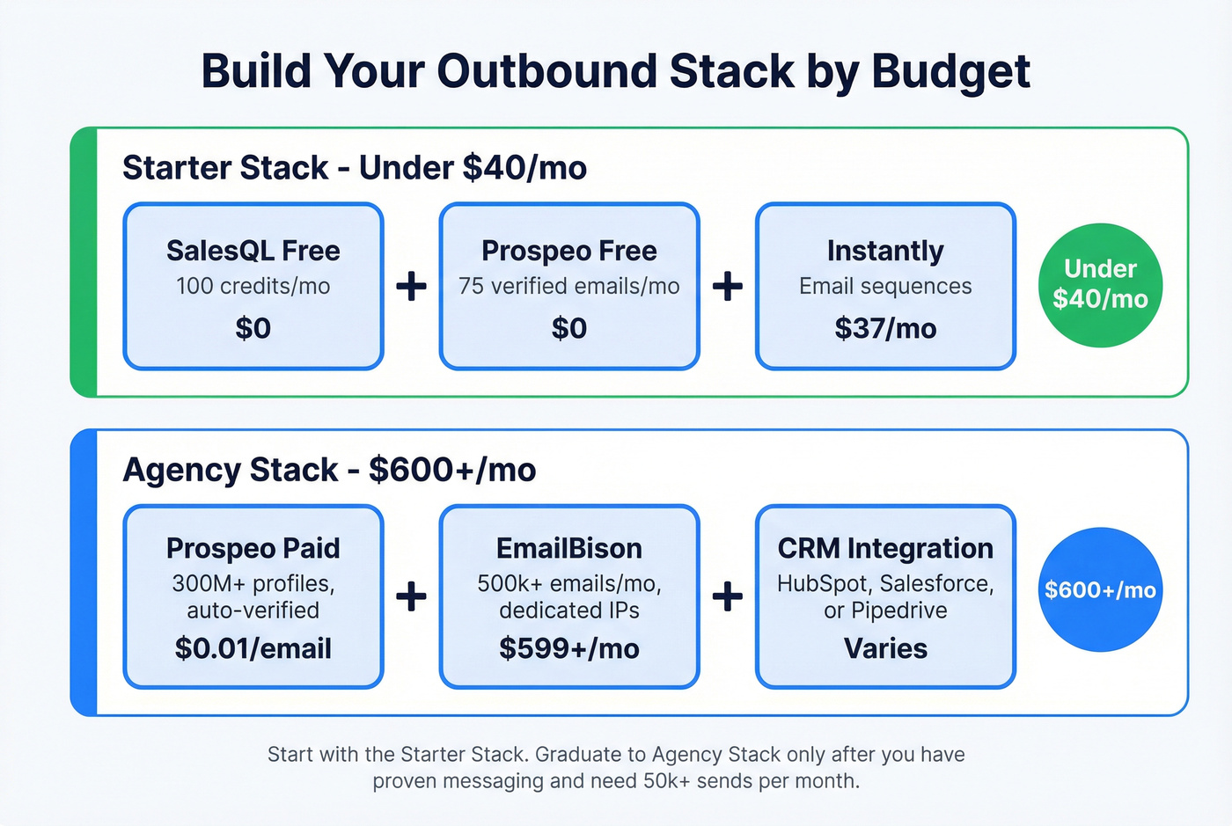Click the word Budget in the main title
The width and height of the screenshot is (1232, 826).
coord(950,72)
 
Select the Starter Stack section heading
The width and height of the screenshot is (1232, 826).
coord(354,167)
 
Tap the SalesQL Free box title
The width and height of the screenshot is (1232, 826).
coord(253,251)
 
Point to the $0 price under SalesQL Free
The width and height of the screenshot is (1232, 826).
coord(253,328)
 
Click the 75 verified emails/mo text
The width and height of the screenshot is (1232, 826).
coord(568,286)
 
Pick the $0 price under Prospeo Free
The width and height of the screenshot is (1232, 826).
coord(568,328)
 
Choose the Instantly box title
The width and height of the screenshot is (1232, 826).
coord(885,251)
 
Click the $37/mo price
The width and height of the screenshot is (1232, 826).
coord(885,328)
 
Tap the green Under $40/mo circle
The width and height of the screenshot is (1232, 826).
coord(1100,284)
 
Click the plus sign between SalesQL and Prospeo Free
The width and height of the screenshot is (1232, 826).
coord(411,286)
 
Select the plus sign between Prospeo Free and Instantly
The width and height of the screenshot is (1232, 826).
coord(728,286)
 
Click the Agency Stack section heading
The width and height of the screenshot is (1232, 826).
coord(329,470)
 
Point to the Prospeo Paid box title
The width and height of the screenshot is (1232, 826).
coord(253,548)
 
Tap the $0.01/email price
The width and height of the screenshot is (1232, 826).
coord(253,648)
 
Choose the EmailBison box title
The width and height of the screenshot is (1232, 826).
coord(568,548)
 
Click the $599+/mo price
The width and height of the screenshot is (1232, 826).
coord(568,648)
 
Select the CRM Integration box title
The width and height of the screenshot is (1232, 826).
coord(885,548)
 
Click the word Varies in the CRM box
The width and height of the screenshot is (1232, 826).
coord(885,648)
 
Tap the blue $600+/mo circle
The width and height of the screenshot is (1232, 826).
coord(1100,589)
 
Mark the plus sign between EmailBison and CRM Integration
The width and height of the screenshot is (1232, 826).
coord(728,596)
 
